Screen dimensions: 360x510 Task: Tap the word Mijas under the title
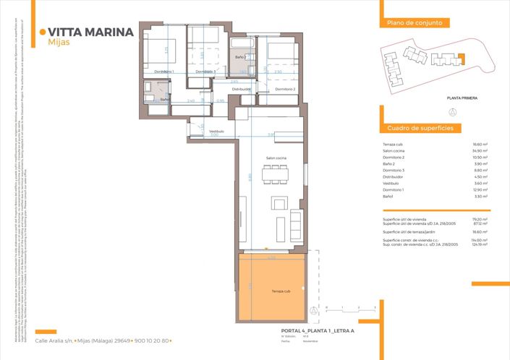tap(59, 42)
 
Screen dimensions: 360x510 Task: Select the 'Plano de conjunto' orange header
tap(409, 23)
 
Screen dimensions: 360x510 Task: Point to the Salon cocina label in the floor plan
tap(276, 158)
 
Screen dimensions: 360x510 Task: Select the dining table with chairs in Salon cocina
tap(274, 175)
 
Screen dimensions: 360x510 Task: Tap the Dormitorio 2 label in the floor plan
tap(285, 88)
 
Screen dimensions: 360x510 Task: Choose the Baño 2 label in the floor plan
tap(241, 56)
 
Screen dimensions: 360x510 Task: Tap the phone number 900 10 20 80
tap(151, 340)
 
